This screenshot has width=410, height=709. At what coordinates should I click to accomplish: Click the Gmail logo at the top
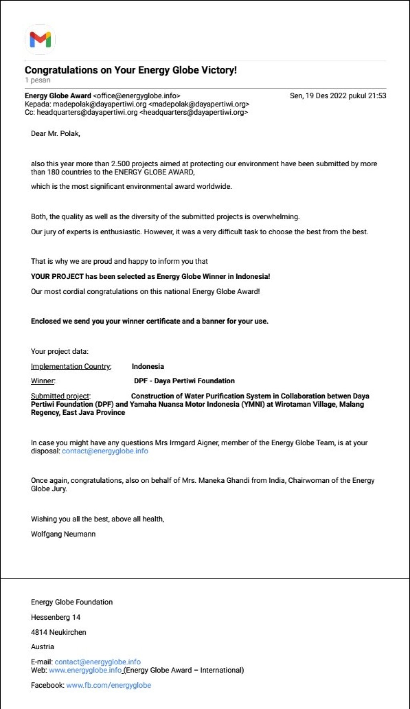(40, 40)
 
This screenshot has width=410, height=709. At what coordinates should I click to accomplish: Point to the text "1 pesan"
(38, 80)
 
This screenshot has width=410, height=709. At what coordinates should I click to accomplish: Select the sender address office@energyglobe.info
(137, 96)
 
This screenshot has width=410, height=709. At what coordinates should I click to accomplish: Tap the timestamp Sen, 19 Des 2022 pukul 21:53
(338, 96)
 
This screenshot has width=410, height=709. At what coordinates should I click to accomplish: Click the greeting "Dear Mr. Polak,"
(55, 134)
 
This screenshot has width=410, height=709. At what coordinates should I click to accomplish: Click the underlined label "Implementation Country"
(70, 367)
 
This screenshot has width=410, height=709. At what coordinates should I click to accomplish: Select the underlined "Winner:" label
(43, 381)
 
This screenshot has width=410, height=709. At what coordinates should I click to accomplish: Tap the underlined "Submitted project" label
(60, 396)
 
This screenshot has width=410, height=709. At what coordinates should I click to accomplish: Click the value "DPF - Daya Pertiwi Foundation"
(184, 381)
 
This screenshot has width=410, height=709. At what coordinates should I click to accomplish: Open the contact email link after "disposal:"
(105, 451)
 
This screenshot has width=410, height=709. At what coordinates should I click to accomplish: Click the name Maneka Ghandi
(221, 480)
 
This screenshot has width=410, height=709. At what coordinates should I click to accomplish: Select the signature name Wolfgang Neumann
(63, 534)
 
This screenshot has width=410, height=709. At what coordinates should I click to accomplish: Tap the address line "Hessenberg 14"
(56, 617)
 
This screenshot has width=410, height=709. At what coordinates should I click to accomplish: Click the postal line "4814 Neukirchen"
(58, 632)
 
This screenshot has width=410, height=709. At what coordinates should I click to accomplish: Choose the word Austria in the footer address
(42, 647)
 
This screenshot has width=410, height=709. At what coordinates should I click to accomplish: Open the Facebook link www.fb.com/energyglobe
(109, 685)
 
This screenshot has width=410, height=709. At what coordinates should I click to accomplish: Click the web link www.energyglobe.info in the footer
(85, 670)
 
